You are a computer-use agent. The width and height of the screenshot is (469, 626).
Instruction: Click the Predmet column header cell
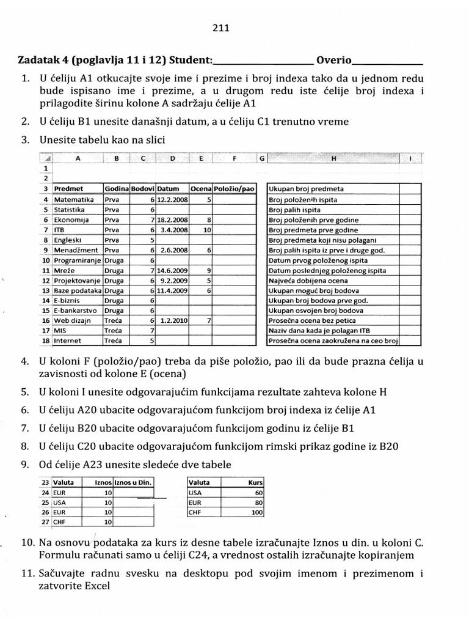click(68, 189)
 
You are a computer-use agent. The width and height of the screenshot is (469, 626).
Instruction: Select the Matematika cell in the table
click(73, 199)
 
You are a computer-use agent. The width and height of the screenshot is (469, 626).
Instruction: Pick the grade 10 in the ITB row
click(206, 230)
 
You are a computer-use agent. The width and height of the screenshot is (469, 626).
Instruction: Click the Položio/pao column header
click(234, 189)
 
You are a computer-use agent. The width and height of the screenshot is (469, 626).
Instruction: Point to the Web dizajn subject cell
click(71, 320)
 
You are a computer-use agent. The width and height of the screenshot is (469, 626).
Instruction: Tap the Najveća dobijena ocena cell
click(300, 280)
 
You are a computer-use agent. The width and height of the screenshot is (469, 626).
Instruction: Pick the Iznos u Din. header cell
click(133, 482)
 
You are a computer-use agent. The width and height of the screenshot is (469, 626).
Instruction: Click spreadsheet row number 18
click(45, 340)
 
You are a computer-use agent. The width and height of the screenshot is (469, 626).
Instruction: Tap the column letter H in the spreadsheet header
click(333, 159)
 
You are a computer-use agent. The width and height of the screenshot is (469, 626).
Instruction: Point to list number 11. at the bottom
click(28, 573)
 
